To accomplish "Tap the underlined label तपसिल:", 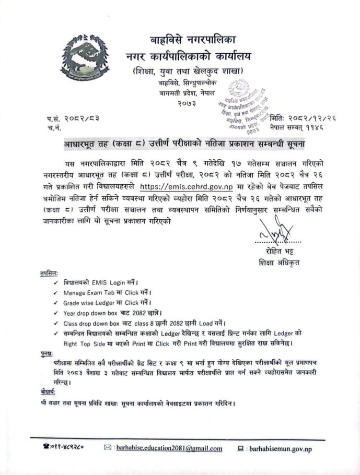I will coord(49,273).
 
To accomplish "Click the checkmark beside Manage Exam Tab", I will coord(56,292).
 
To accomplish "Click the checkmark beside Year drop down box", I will coord(56,313).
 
